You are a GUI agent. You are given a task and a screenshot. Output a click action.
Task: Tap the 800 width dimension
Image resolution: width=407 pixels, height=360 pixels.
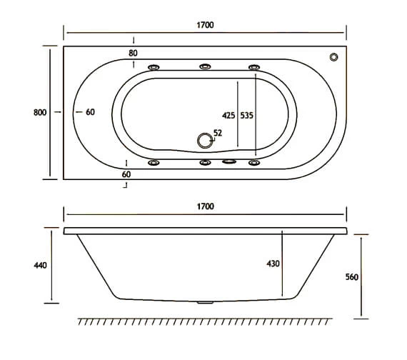[40, 112]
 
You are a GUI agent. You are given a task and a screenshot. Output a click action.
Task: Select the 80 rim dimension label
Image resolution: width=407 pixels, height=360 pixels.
[134, 54]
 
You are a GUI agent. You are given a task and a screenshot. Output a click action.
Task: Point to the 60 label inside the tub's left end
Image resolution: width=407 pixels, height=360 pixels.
[89, 112]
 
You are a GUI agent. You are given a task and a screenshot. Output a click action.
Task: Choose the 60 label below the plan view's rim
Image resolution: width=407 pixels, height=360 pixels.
[126, 174]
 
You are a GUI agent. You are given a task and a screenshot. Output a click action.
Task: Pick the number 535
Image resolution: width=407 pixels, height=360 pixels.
[247, 114]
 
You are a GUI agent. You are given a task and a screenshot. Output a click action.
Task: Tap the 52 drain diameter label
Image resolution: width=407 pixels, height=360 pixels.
[218, 133]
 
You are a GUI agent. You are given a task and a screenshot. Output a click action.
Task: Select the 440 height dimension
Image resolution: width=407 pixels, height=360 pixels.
[40, 266]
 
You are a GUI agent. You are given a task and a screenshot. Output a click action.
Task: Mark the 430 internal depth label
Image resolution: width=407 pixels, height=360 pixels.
[273, 264]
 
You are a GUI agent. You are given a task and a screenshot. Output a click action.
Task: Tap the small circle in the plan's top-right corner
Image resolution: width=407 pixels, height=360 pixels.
[333, 58]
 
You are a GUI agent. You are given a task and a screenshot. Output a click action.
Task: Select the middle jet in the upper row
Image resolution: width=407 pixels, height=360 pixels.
[206, 67]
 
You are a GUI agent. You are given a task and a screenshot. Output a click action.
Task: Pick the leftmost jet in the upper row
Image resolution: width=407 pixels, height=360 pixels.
[154, 67]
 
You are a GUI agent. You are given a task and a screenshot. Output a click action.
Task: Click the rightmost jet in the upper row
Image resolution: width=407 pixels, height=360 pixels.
[254, 67]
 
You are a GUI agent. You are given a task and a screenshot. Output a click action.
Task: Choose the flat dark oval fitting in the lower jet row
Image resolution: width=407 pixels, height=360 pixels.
[229, 162]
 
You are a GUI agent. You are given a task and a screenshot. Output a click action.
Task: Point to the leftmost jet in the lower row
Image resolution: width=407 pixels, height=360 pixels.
[154, 163]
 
